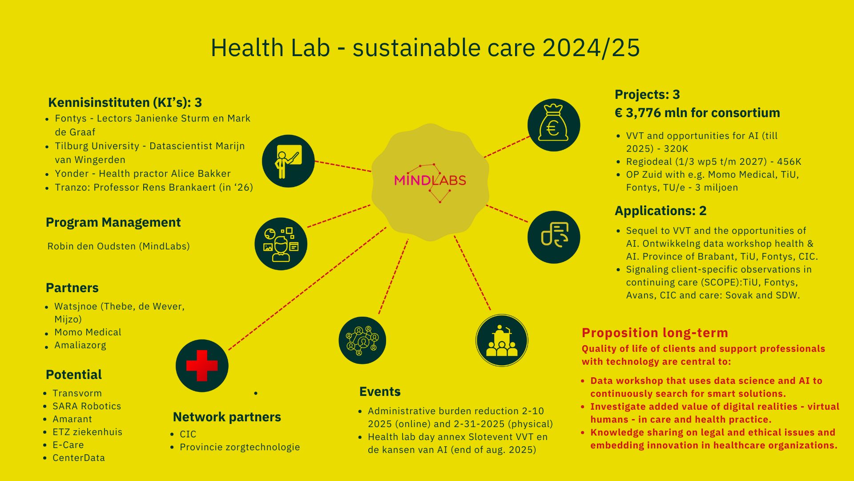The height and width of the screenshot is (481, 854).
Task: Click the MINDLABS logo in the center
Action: pos(430,180)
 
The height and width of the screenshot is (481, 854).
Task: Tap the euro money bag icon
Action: pos(554,125)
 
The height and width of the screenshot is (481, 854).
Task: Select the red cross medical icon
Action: pos(202,366)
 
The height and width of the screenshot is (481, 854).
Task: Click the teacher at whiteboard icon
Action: pos(288,161)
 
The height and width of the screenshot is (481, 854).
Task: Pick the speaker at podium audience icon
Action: pos(502,341)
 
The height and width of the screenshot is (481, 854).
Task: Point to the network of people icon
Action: pos(362,340)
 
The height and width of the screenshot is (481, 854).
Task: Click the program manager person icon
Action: pos(281,244)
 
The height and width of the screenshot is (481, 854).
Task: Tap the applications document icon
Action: pos(554,237)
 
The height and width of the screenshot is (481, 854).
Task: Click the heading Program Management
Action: pos(113,223)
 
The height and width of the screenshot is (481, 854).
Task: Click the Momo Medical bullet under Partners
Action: pos(88,332)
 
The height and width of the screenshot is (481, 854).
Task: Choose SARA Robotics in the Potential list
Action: pos(87,406)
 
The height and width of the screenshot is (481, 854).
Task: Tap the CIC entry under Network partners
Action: pos(188,434)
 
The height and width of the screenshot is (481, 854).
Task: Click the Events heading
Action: pos(380,391)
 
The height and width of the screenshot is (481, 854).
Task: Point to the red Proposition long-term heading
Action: pos(655,333)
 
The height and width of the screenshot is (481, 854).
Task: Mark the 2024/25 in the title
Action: pos(591,48)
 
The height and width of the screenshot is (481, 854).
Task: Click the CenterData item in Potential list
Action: pos(79,458)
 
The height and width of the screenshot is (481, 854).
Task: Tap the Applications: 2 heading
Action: pos(661,211)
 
